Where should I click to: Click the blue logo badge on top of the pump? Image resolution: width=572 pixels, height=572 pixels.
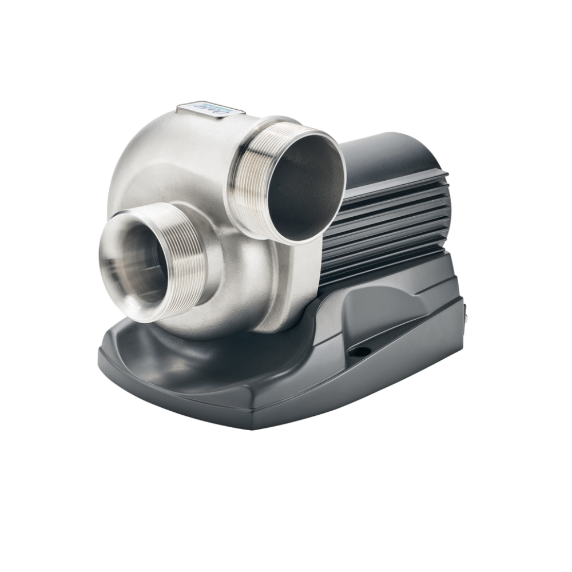(x=207, y=108)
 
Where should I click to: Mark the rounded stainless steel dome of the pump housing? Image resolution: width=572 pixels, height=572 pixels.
(x=154, y=154)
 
